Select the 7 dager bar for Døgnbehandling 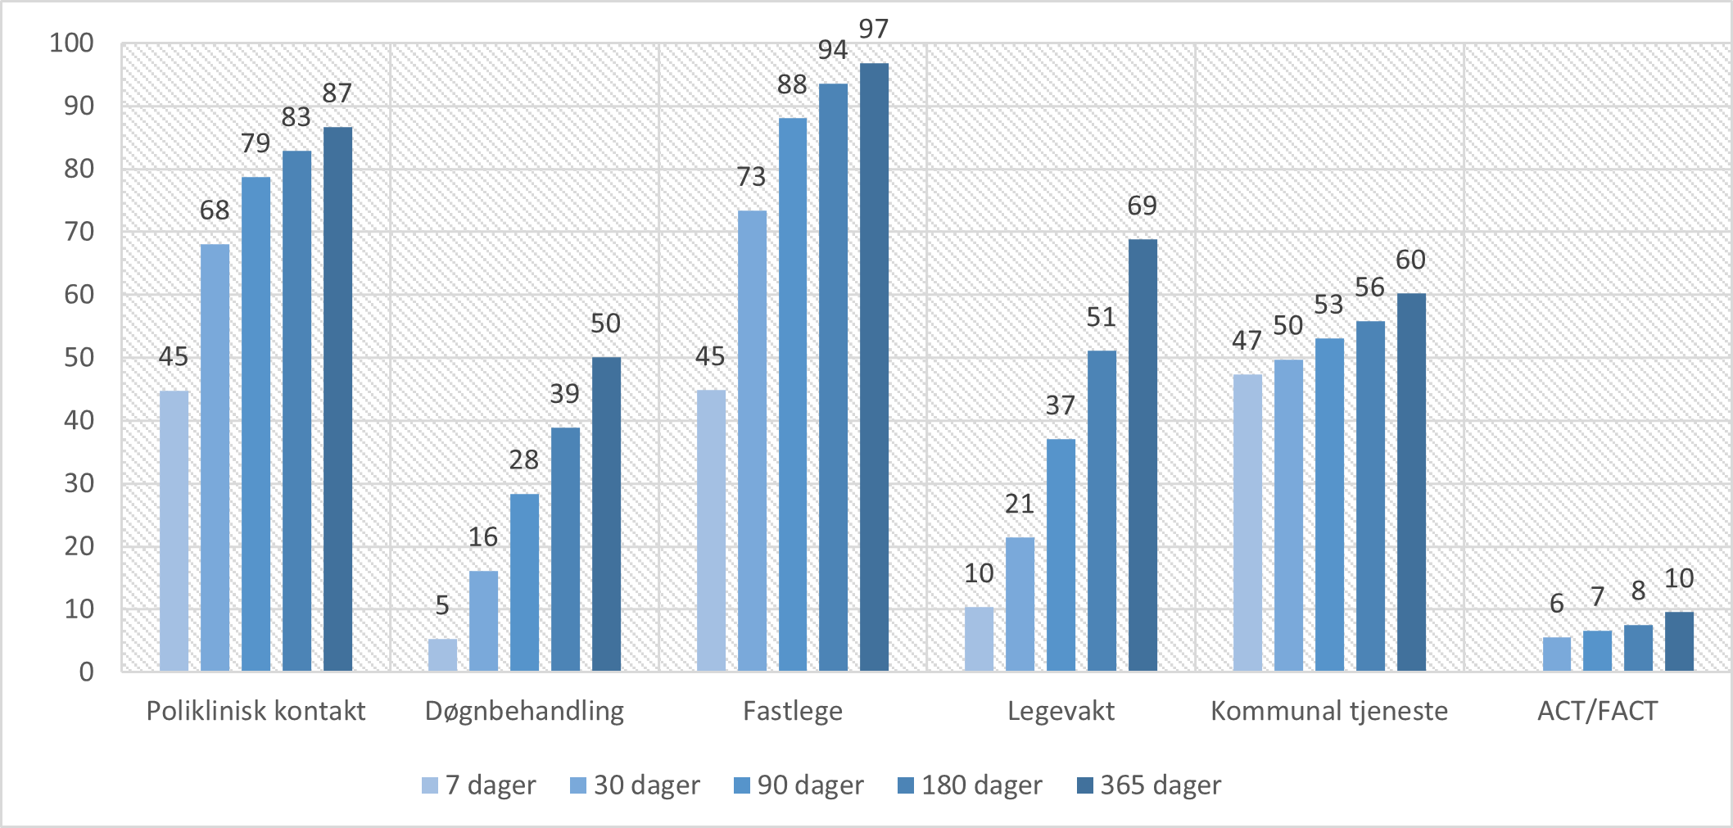tap(442, 655)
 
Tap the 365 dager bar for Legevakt tap(1143, 455)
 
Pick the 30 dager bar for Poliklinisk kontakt tap(215, 458)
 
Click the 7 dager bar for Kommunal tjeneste tap(1247, 523)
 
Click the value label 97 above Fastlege tap(874, 29)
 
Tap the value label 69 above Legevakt tap(1143, 206)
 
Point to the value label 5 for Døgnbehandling tap(442, 606)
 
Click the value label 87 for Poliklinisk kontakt tap(337, 93)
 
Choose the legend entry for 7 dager tap(479, 785)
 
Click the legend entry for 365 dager tap(1149, 785)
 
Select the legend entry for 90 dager tap(799, 785)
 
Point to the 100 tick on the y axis tap(72, 43)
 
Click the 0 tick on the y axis tap(86, 672)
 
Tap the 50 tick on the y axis tap(79, 358)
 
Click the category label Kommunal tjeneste tap(1329, 711)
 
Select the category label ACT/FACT tap(1597, 711)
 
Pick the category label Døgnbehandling tap(524, 711)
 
